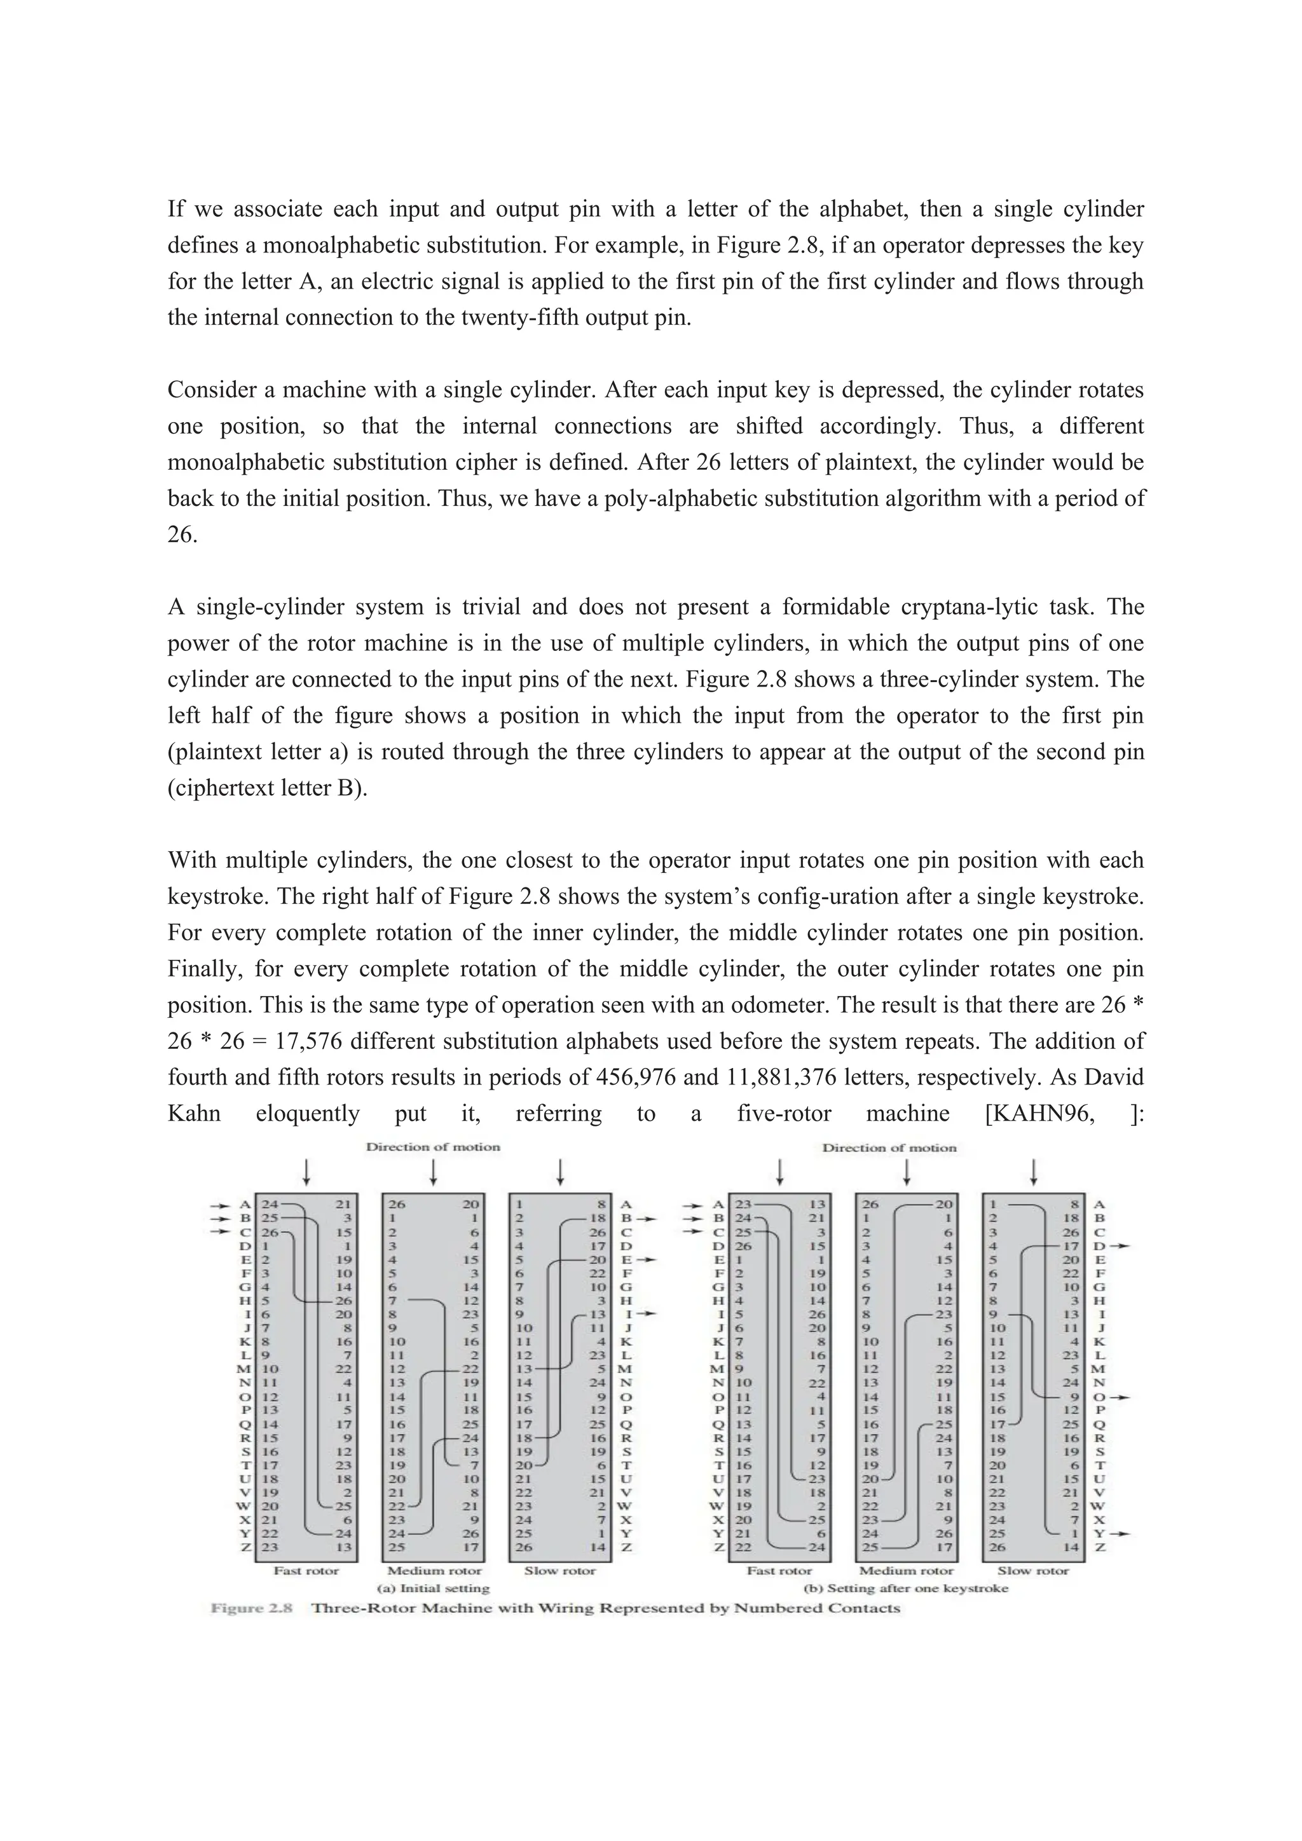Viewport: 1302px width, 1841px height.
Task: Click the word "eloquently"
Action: point(308,1114)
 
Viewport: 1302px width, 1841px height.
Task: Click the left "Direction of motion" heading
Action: point(433,1147)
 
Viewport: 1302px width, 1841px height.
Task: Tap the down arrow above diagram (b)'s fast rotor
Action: point(779,1172)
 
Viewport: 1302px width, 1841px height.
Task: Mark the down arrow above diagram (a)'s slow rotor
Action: point(560,1172)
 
